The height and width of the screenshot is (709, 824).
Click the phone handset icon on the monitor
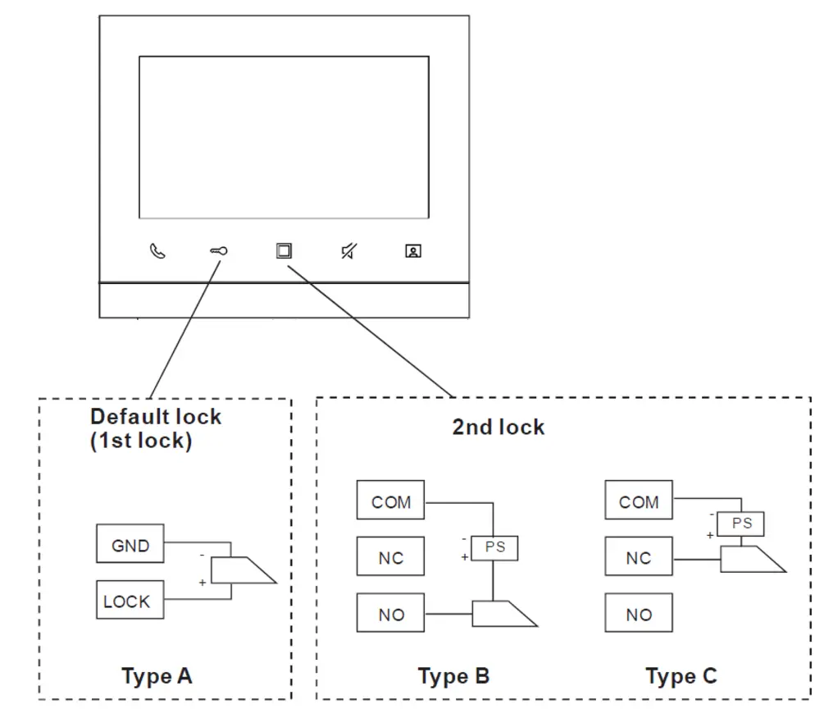click(157, 251)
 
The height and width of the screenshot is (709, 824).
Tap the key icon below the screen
click(219, 251)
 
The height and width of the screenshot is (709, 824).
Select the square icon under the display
click(284, 251)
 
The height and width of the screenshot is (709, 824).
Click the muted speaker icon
click(349, 251)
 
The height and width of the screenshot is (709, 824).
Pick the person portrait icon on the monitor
click(413, 251)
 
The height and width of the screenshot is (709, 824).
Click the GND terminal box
click(130, 544)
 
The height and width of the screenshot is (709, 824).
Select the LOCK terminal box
click(130, 600)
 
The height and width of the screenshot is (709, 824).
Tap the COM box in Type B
click(390, 501)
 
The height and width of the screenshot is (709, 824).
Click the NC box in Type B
click(390, 556)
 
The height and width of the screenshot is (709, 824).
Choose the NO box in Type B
click(390, 613)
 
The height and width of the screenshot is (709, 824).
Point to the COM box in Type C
click(639, 501)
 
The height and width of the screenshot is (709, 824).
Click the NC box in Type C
click(639, 556)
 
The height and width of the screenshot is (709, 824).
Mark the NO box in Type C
click(639, 613)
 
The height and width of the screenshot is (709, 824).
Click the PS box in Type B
click(494, 548)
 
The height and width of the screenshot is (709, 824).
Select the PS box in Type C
click(741, 524)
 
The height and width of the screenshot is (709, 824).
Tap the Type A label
click(157, 676)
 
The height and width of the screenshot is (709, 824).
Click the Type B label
click(453, 676)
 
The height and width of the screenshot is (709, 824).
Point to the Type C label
click(681, 676)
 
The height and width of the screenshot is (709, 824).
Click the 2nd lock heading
click(498, 427)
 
